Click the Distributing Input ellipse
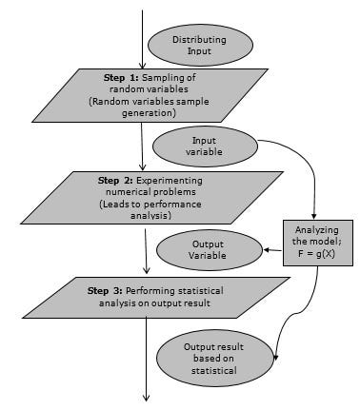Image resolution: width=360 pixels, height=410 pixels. (x=198, y=45)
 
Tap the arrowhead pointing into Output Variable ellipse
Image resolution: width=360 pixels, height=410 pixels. (x=263, y=249)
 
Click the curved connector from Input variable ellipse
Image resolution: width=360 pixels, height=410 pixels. (x=300, y=162)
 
